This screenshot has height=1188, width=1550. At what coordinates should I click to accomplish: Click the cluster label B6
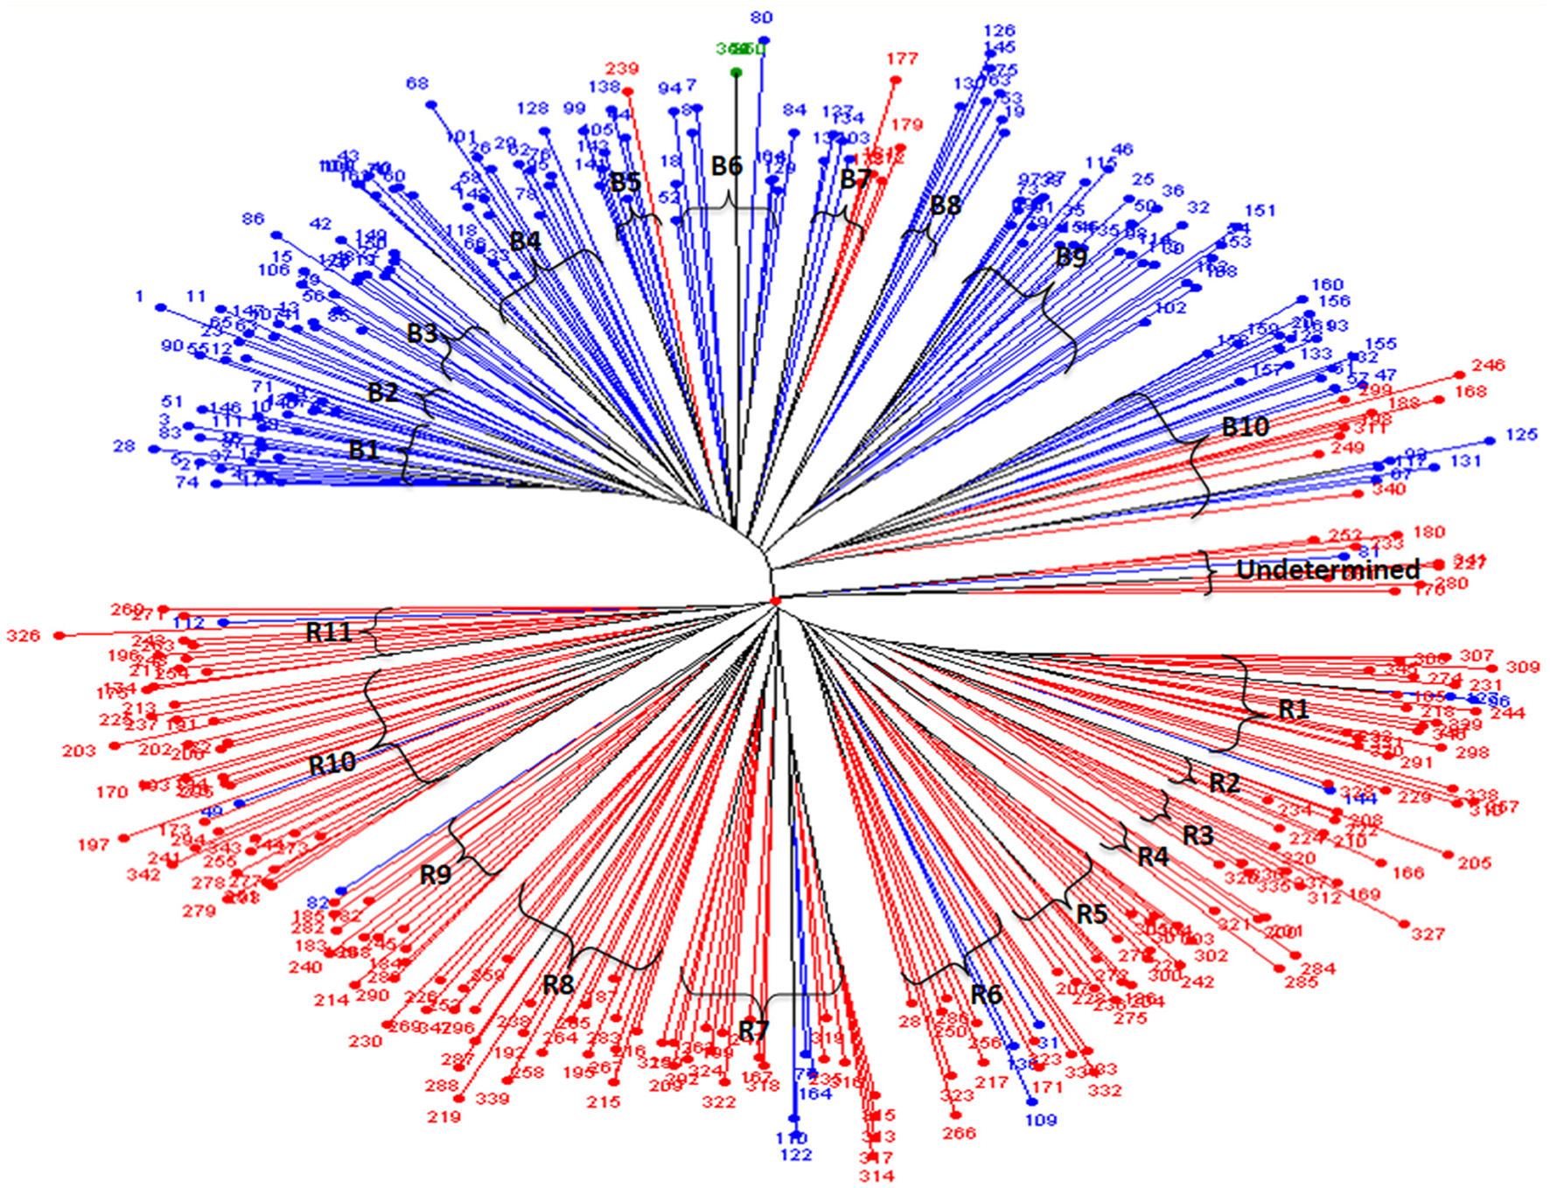[x=726, y=165]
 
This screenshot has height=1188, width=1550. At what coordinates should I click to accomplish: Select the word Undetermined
[x=1327, y=570]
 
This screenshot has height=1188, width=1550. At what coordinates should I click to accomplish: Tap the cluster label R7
[x=753, y=1030]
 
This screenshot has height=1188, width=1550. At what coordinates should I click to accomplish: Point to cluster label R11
[x=328, y=632]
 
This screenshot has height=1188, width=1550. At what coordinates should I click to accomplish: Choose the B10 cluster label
[x=1245, y=427]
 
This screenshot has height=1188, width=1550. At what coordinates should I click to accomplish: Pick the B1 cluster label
[x=364, y=450]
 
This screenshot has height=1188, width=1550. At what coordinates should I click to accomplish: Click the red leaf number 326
[x=23, y=636]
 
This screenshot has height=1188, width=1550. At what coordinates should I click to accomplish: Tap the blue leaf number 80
[x=762, y=17]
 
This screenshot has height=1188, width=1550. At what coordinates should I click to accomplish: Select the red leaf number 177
[x=902, y=59]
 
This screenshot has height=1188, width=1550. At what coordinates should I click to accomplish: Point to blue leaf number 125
[x=1521, y=435]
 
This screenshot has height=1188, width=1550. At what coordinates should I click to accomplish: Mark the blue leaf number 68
[x=417, y=84]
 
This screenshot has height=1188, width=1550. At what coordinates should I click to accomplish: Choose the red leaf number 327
[x=1428, y=934]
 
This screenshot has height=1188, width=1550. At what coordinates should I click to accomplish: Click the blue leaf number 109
[x=1041, y=1120]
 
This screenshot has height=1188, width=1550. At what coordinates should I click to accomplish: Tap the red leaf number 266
[x=959, y=1133]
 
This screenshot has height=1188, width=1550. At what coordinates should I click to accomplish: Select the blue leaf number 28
[x=124, y=446]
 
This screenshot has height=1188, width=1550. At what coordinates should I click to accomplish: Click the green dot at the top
[x=737, y=73]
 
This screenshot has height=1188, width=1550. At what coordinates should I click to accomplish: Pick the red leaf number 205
[x=1474, y=863]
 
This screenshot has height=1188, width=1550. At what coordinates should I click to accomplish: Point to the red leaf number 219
[x=444, y=1117]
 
